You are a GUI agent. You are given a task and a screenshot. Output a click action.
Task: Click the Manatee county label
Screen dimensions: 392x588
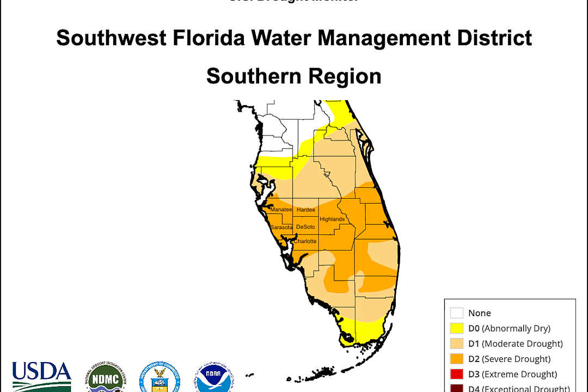click(281, 210)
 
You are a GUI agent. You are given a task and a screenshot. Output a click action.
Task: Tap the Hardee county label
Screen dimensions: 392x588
click(306, 210)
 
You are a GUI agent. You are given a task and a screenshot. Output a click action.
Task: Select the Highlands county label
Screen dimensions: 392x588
click(332, 219)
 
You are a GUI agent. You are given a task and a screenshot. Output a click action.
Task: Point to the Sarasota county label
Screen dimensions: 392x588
click(281, 227)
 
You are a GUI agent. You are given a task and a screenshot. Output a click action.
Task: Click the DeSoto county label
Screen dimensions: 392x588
click(305, 227)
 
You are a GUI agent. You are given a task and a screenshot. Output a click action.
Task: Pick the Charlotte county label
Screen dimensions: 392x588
click(305, 241)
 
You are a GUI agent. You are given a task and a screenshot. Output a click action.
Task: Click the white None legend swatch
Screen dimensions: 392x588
click(457, 313)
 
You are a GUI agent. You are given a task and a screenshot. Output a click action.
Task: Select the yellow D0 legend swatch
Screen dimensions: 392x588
click(457, 328)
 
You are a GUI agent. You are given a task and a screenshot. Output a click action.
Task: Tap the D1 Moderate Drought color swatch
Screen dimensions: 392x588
click(457, 344)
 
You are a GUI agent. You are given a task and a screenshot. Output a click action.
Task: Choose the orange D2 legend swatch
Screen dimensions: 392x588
click(457, 359)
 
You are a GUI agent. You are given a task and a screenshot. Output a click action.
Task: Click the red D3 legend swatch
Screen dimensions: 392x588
click(457, 374)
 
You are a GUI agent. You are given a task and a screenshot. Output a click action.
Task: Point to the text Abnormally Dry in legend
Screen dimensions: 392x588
click(516, 328)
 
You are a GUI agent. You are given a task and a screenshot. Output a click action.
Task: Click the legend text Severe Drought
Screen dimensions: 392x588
click(516, 359)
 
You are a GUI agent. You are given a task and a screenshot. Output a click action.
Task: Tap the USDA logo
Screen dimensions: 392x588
click(42, 376)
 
